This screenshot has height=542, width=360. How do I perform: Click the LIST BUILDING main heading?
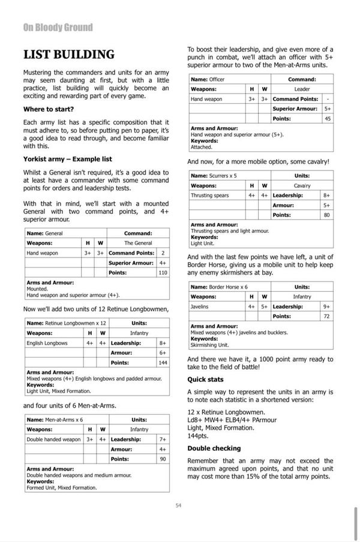(68, 55)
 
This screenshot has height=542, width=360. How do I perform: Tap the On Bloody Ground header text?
(58, 27)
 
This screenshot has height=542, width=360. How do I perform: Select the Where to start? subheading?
(49, 109)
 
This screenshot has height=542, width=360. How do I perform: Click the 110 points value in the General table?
(163, 273)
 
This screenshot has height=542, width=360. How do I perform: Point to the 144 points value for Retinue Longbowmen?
(163, 363)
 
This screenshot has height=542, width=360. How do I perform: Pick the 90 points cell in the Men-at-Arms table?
(163, 459)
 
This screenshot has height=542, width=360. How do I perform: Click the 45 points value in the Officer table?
(328, 118)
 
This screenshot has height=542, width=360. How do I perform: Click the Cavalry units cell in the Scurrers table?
(302, 185)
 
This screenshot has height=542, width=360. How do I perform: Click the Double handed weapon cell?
(53, 439)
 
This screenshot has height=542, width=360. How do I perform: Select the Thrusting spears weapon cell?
(209, 195)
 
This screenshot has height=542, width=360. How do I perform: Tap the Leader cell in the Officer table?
(302, 89)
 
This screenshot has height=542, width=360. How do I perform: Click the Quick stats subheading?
(205, 379)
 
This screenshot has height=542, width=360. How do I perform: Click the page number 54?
(179, 505)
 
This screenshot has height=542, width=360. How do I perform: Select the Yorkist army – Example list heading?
(67, 159)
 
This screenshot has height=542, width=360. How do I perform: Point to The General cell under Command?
(138, 243)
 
